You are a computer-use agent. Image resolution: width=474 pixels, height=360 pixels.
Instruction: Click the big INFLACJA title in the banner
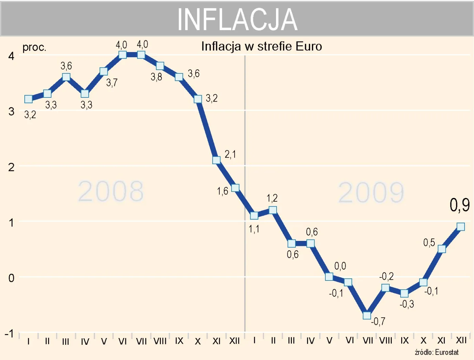pos(237,20)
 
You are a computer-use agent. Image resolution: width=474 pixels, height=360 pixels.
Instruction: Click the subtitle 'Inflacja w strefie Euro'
pos(261,46)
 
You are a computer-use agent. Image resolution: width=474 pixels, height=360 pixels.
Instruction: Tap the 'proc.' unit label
pos(34,47)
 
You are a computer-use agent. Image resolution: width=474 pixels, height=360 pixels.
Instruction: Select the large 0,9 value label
pos(459,205)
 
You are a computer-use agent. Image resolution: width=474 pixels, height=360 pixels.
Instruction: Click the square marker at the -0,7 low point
pos(367,315)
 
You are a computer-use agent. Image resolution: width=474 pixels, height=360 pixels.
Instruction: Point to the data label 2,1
pos(230,154)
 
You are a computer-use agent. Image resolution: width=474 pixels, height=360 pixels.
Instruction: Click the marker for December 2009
pos(460,227)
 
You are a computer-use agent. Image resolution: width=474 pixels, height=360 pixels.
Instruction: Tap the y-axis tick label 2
pos(11,167)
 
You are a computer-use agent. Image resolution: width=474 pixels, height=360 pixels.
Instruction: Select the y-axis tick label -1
pos(9,334)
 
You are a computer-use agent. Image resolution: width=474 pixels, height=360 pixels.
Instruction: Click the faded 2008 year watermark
pos(111,192)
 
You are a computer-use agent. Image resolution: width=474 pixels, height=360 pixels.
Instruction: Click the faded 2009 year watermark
pos(371,193)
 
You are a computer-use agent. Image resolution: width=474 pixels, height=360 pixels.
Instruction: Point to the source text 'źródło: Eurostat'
pos(437,352)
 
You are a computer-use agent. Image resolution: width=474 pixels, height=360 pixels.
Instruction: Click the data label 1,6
pos(222,191)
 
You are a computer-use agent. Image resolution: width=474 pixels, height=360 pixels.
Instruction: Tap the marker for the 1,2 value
pos(273,210)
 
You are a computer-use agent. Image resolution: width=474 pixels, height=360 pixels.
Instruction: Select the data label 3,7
pos(112,83)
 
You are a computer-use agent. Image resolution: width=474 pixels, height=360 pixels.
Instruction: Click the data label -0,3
pos(407,304)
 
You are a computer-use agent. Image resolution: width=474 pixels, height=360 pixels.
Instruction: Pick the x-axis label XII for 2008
pos(235,341)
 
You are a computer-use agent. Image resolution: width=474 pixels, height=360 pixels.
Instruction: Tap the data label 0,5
pos(429,243)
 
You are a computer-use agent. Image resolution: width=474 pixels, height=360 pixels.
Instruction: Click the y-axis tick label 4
pos(11,56)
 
